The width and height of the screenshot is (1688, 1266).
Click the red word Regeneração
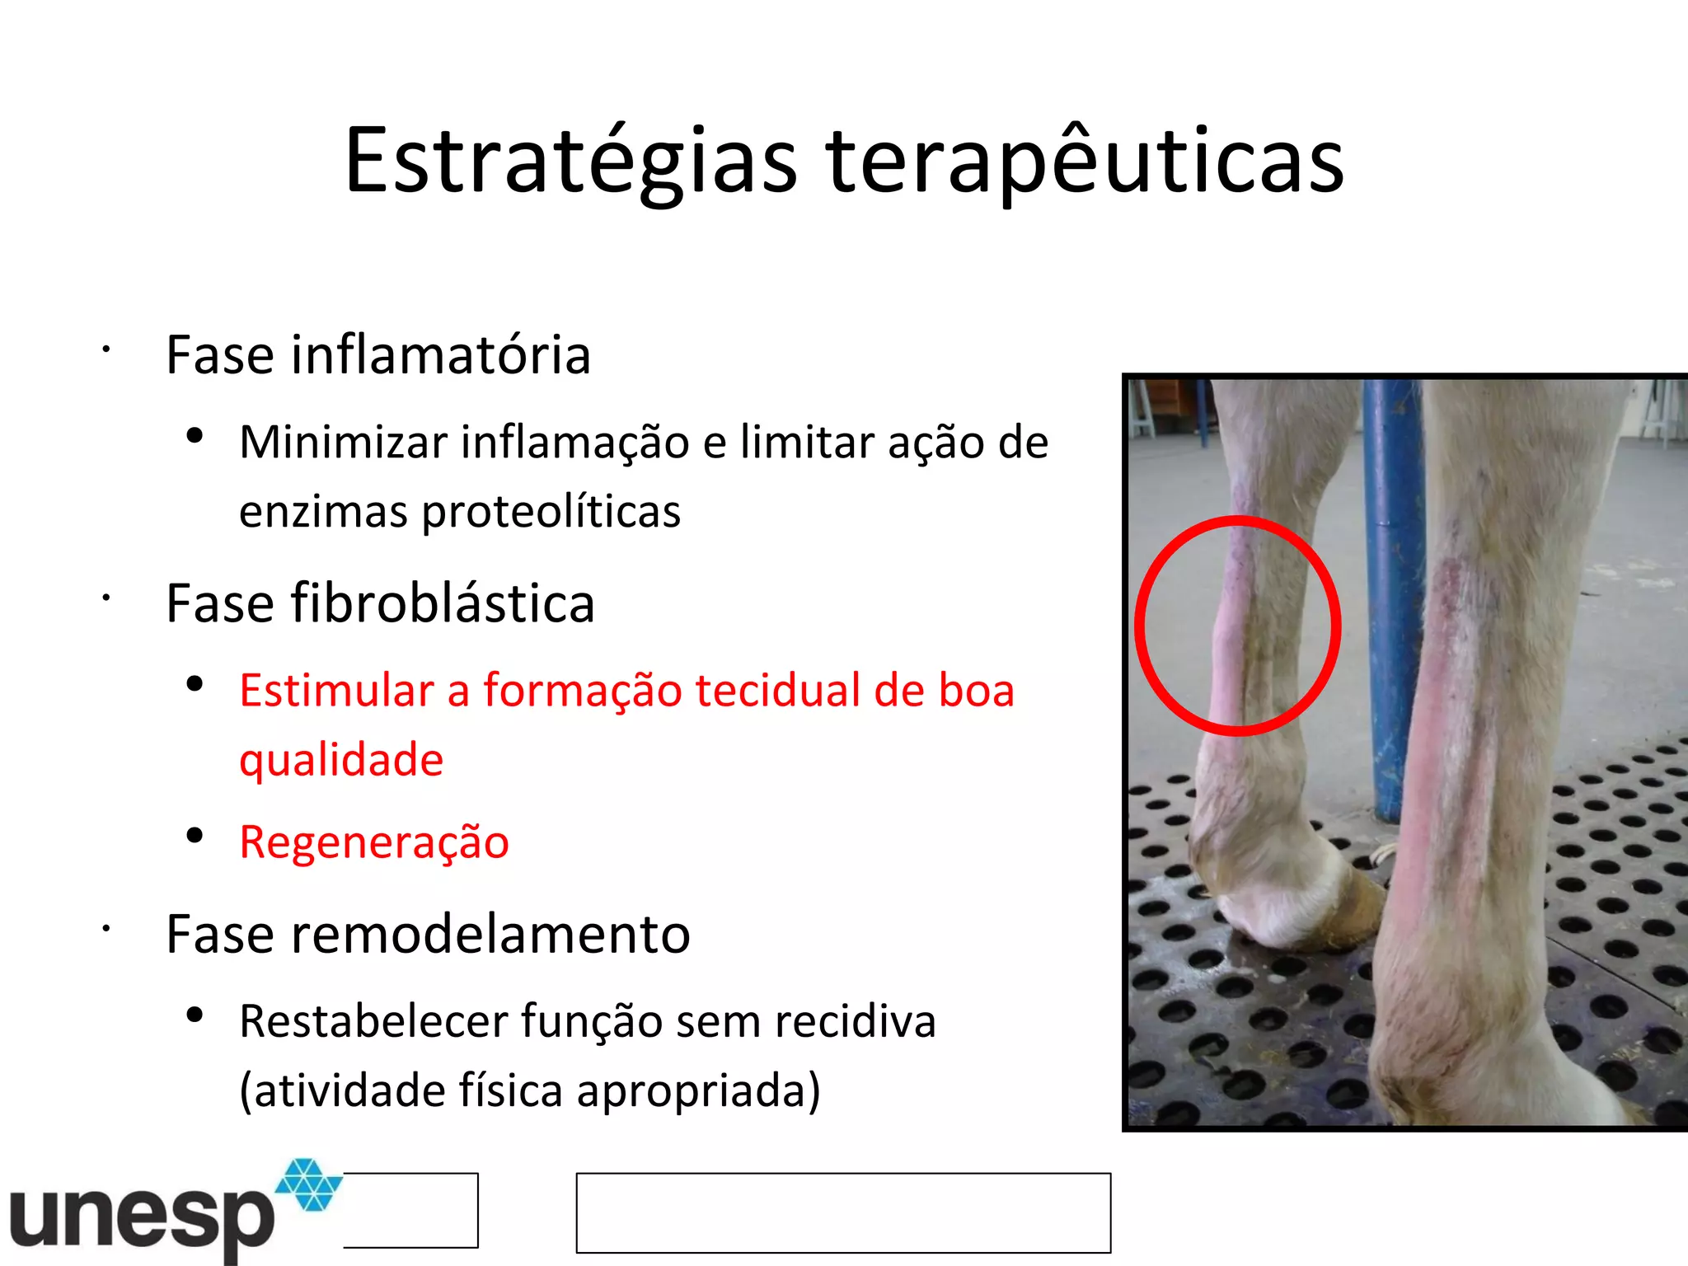(x=374, y=842)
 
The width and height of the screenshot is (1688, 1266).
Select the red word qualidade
(x=341, y=759)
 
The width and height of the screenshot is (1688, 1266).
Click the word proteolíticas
(x=551, y=513)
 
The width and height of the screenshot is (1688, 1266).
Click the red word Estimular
(x=336, y=691)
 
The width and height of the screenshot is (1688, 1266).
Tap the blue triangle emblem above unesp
(x=308, y=1184)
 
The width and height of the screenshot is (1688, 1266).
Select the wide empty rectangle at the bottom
(x=843, y=1212)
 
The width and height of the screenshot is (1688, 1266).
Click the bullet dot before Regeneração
(x=195, y=837)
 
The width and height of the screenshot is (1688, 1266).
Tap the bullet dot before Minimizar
(x=195, y=436)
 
